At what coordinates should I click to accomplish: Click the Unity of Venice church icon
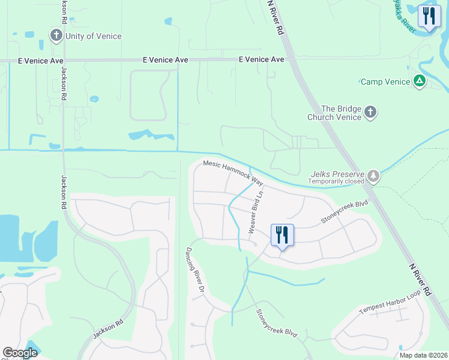point(56,35)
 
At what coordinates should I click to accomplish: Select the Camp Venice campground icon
point(420,81)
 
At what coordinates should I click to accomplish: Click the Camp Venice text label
point(385,82)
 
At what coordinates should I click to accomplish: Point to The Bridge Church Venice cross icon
point(370,112)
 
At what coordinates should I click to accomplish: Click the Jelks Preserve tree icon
point(374,175)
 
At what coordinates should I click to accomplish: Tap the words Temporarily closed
point(336,181)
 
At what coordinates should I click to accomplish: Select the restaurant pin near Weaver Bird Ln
point(282,234)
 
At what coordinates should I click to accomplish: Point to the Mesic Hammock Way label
point(234,171)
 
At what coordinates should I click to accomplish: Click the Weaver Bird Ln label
point(256,214)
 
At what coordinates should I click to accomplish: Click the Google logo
point(20,353)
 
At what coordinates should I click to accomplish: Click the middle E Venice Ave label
point(166,60)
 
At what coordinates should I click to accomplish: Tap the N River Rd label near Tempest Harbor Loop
point(420,279)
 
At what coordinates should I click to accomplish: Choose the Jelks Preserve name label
point(338,172)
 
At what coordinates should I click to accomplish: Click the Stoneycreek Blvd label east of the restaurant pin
point(344,212)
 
